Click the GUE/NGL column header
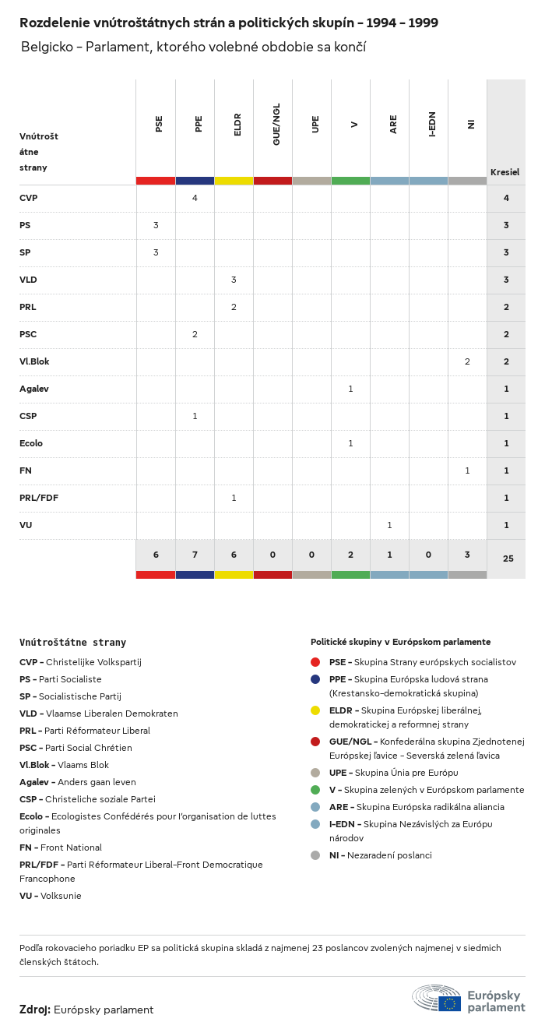click(276, 124)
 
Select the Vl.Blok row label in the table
click(34, 361)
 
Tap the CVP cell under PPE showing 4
click(195, 198)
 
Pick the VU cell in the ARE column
click(389, 525)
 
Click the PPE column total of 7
click(195, 555)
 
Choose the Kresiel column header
click(505, 172)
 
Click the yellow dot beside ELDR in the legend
click(315, 710)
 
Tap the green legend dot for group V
click(315, 790)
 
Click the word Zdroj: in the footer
click(35, 1010)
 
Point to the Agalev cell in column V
click(350, 389)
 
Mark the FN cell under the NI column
click(467, 470)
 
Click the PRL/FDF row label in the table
click(37, 498)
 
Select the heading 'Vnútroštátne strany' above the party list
click(72, 643)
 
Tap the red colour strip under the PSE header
click(156, 181)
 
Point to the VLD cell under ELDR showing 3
click(234, 280)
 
